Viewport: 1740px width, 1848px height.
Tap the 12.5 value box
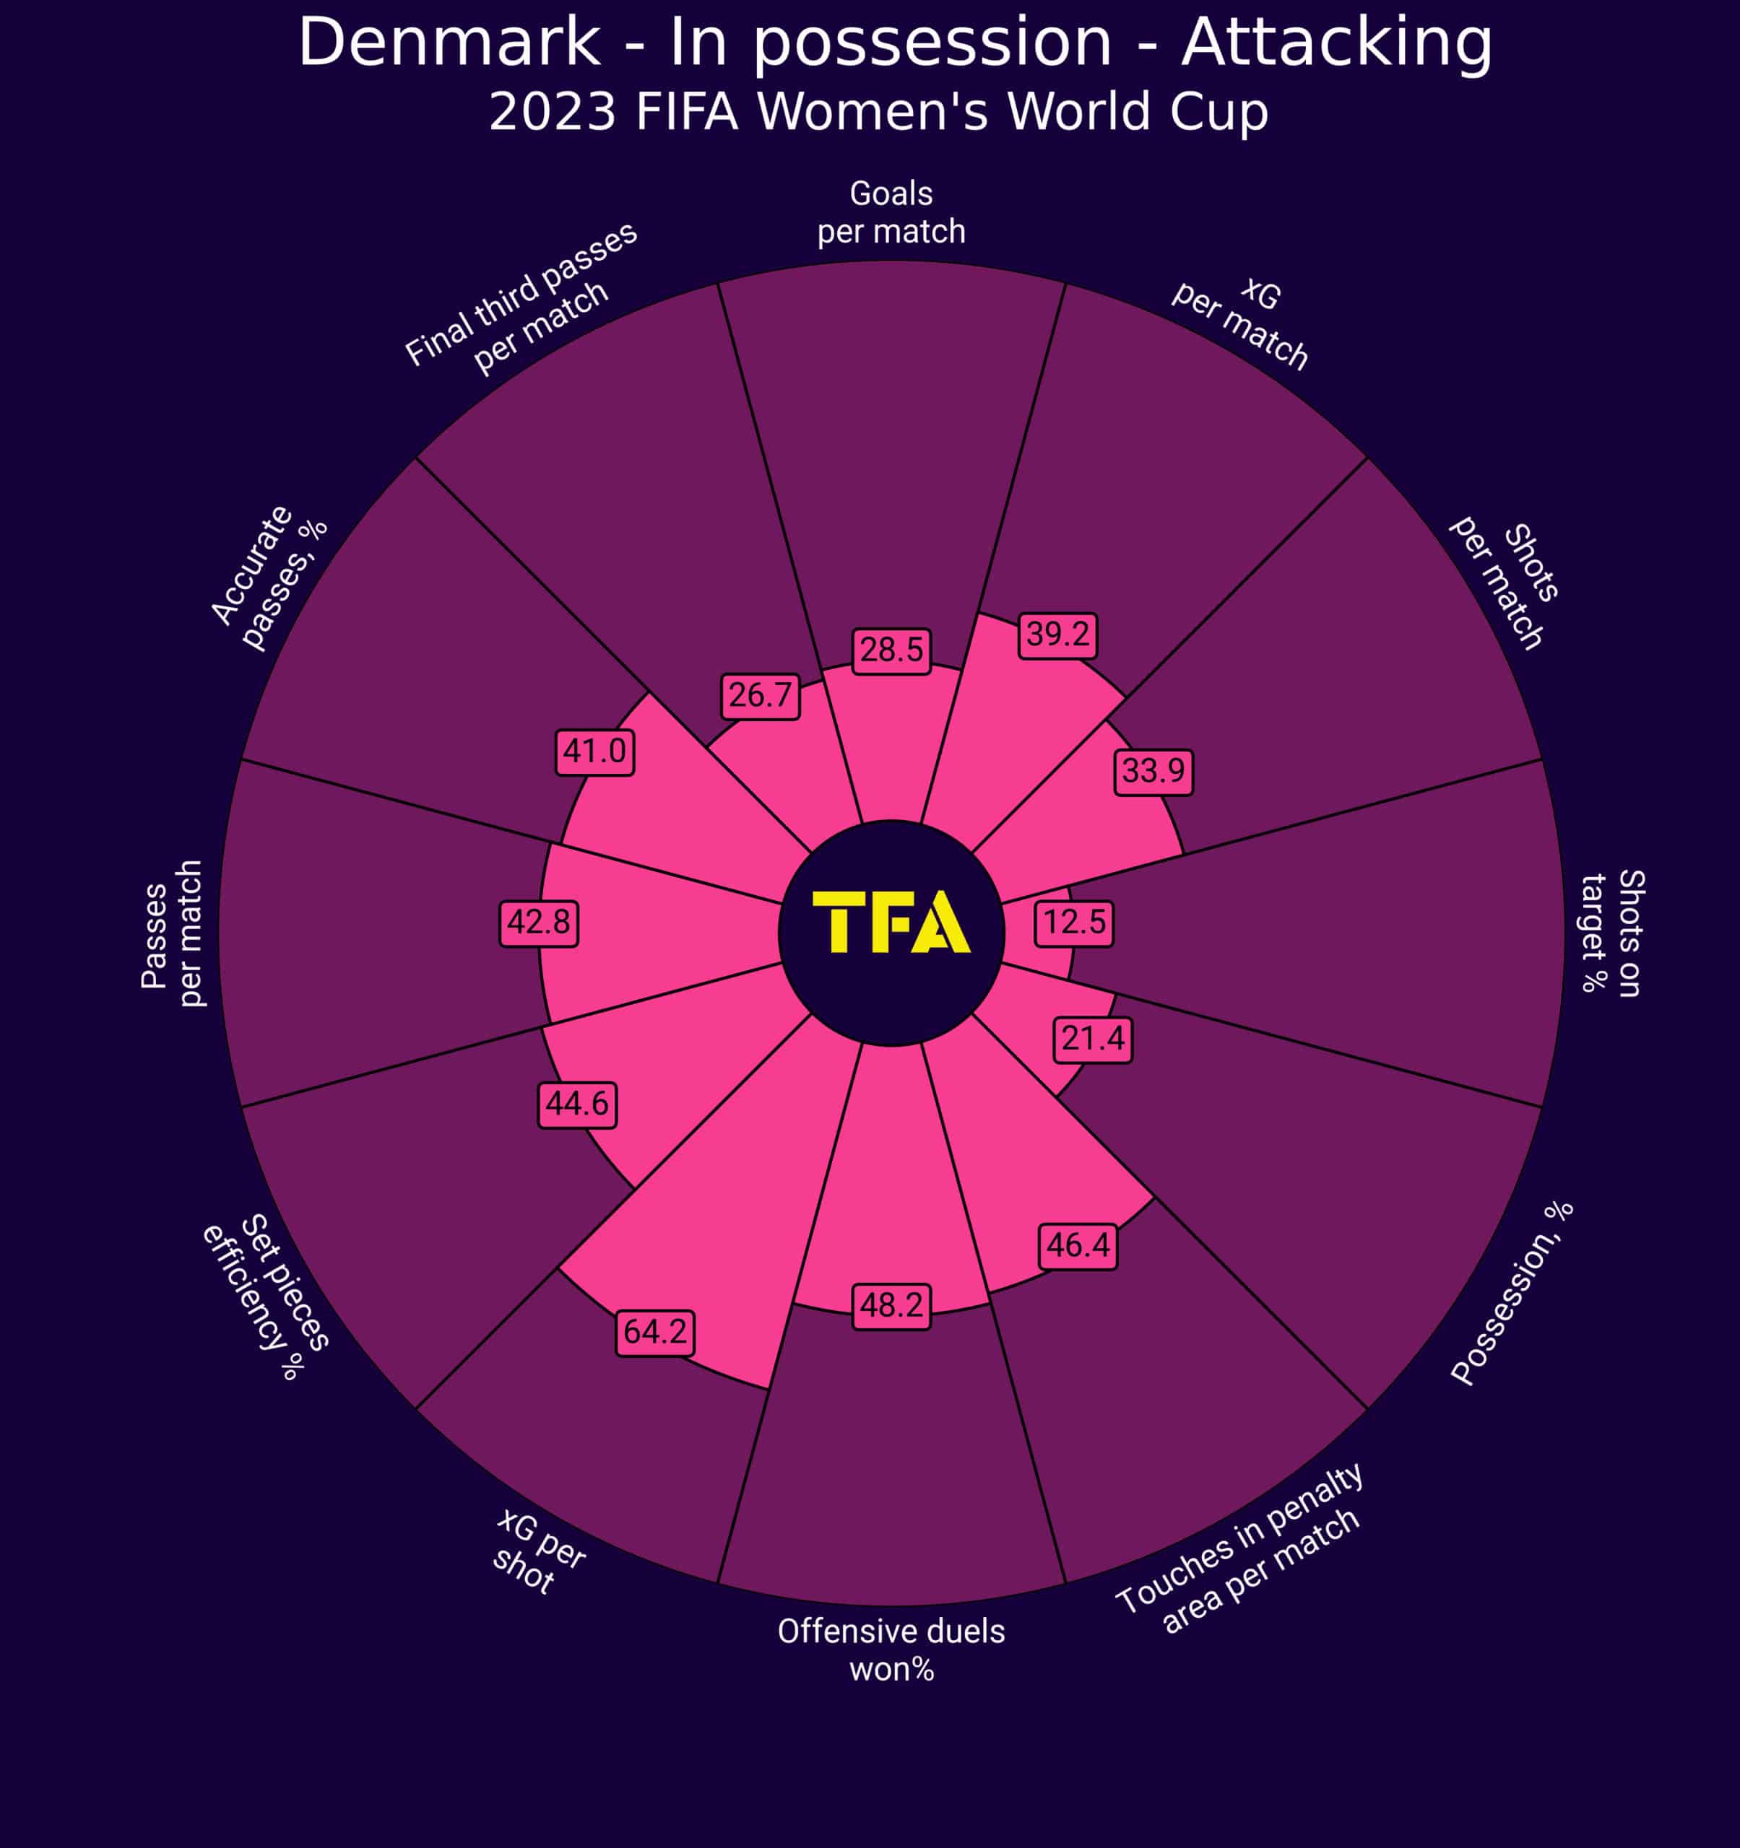click(x=1074, y=922)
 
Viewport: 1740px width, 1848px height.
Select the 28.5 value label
click(x=891, y=650)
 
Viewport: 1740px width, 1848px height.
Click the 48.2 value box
click(x=891, y=1306)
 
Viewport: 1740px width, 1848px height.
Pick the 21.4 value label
click(x=1093, y=1038)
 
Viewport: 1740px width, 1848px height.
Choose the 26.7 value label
click(x=760, y=695)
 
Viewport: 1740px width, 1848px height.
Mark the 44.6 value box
click(x=576, y=1104)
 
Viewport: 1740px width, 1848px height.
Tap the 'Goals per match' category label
click(x=891, y=212)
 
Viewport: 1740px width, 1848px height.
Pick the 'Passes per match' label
click(x=172, y=933)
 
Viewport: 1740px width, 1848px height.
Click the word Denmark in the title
click(x=449, y=43)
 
